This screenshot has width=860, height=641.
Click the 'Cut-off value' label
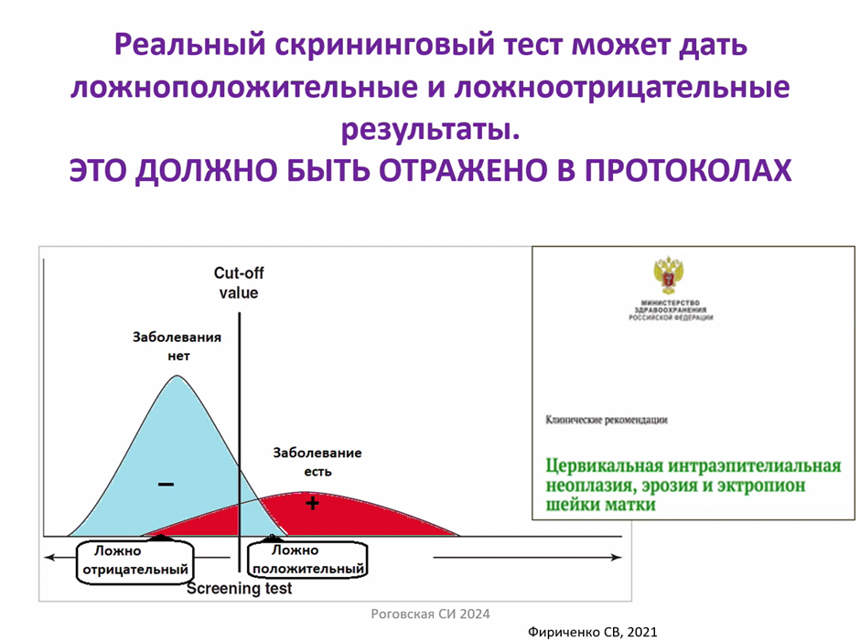[239, 283]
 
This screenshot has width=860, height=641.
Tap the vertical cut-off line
[239, 442]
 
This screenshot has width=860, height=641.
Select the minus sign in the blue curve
[167, 484]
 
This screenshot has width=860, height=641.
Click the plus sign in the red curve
[312, 503]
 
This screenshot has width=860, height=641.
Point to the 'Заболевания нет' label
[177, 347]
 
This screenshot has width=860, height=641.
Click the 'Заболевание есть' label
[317, 462]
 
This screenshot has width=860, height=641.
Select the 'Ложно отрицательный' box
[134, 561]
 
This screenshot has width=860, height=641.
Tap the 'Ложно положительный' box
[307, 560]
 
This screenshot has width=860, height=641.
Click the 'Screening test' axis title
[239, 588]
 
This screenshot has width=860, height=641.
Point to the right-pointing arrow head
[617, 557]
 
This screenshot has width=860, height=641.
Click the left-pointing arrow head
[50, 558]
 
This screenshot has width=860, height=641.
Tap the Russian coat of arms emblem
[669, 275]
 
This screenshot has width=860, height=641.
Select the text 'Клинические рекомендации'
[606, 420]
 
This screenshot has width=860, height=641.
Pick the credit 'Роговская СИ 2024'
[431, 614]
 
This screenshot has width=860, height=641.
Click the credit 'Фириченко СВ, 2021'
[592, 632]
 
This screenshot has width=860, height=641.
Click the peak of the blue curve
[177, 376]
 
